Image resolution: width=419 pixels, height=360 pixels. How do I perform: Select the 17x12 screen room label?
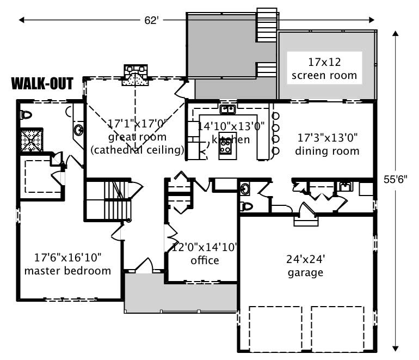point(324,68)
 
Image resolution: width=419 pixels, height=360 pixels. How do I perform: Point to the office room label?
point(205,260)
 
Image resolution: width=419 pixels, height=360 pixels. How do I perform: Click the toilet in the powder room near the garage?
point(247,206)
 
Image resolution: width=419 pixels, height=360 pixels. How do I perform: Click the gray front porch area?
point(180,294)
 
